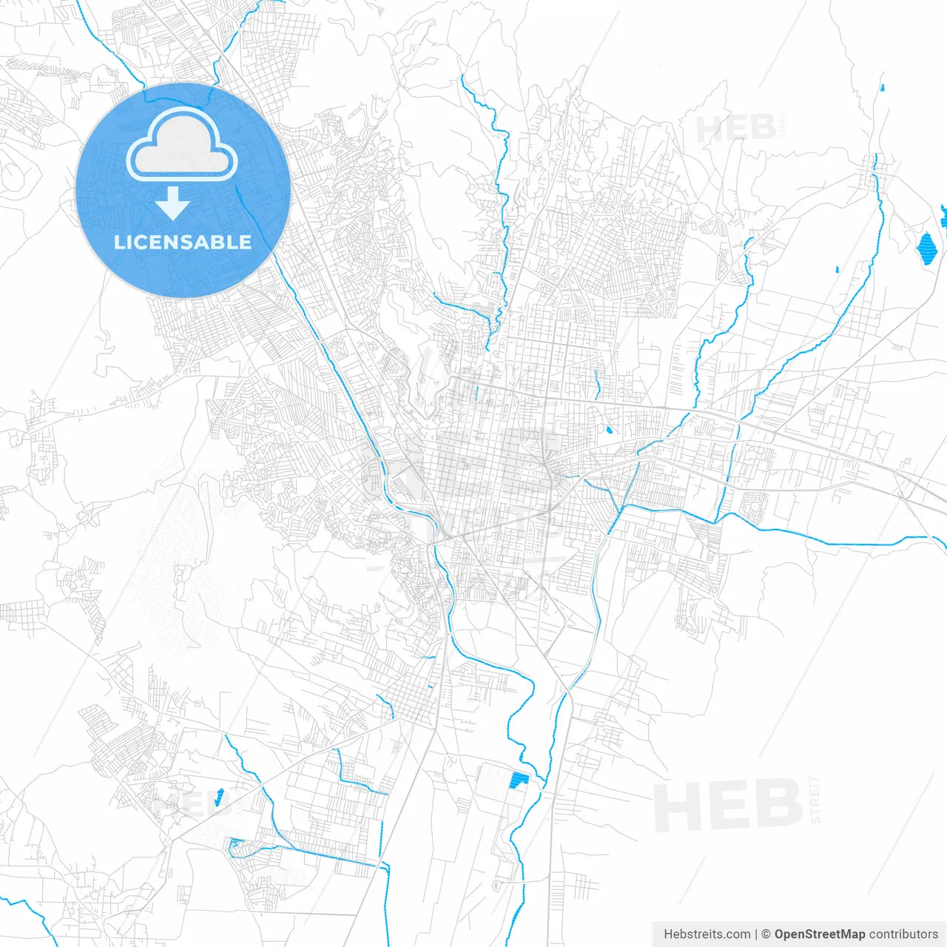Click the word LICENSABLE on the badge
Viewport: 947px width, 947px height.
pyautogui.click(x=183, y=243)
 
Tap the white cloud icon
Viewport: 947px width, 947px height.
pyautogui.click(x=182, y=145)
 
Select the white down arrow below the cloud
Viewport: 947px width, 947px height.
pyautogui.click(x=173, y=203)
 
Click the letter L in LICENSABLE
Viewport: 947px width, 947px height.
pyautogui.click(x=119, y=243)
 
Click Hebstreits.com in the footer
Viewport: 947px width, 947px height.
pyautogui.click(x=707, y=934)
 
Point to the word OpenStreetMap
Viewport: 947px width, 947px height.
pyautogui.click(x=819, y=934)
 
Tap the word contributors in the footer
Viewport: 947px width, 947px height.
pyautogui.click(x=903, y=934)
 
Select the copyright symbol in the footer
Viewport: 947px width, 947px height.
pyautogui.click(x=766, y=934)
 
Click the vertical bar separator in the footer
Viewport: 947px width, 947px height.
pyautogui.click(x=755, y=934)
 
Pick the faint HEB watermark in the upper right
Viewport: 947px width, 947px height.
pyautogui.click(x=737, y=129)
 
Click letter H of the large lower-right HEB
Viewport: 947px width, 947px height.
pyautogui.click(x=673, y=806)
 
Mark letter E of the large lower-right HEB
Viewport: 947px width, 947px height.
pyautogui.click(x=727, y=806)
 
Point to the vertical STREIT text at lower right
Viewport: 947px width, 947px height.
pyautogui.click(x=815, y=800)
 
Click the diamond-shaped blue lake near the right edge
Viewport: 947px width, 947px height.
pyautogui.click(x=926, y=248)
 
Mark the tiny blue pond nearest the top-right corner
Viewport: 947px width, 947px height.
pyautogui.click(x=883, y=87)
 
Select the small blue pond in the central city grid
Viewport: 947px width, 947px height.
pyautogui.click(x=609, y=430)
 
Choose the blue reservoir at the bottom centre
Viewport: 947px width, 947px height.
pyautogui.click(x=519, y=779)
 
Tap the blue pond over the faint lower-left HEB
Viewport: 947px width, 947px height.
pyautogui.click(x=219, y=797)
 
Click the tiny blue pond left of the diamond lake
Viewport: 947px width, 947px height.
pyautogui.click(x=838, y=269)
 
